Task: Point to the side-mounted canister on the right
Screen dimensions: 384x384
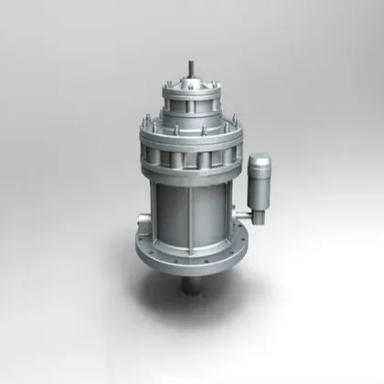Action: point(259,183)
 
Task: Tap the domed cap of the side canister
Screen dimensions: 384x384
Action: point(259,162)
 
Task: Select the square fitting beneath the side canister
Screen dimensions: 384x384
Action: point(256,215)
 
